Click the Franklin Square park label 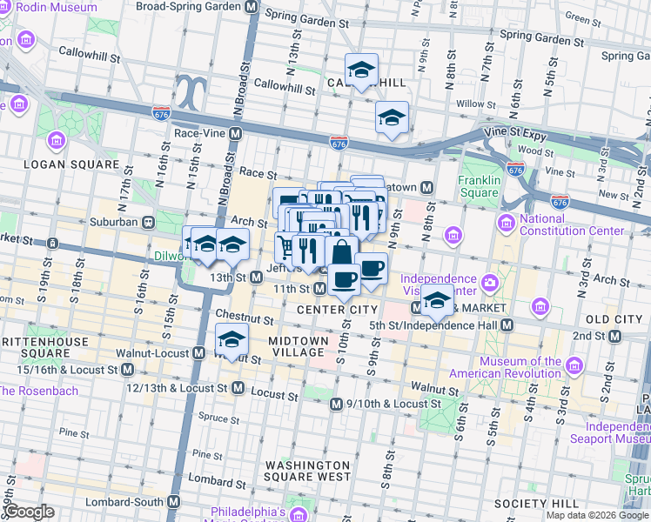pos(479,187)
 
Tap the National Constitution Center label pos(571,224)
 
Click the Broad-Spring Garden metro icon pos(252,6)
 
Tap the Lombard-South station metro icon pos(173,502)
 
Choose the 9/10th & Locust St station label pos(393,404)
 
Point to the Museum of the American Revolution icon pos(574,366)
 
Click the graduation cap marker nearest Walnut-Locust pos(232,339)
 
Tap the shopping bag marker pos(343,253)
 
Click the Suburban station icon pos(149,222)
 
